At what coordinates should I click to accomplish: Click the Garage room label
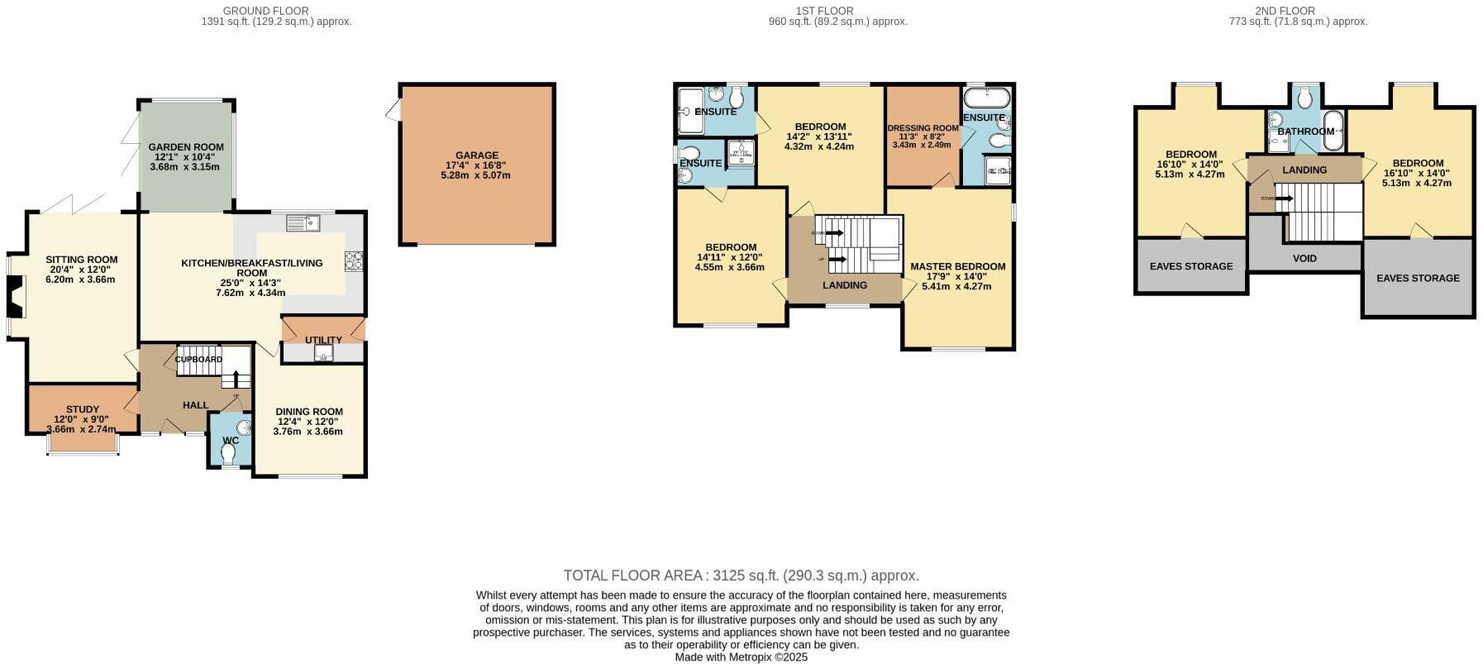tap(477, 155)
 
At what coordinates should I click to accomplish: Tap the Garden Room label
tap(186, 147)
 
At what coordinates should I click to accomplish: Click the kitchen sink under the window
tap(303, 222)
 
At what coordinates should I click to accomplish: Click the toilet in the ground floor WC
tap(228, 453)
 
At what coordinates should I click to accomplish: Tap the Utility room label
tap(323, 340)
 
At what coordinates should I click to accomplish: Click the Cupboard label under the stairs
tap(198, 360)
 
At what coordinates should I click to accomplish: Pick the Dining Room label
tap(309, 412)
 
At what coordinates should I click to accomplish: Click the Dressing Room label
tap(923, 128)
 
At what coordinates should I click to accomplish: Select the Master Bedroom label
tap(957, 266)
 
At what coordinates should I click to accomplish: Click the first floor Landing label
tap(844, 285)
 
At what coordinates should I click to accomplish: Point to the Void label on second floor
tap(1304, 259)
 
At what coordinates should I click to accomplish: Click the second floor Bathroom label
tap(1305, 131)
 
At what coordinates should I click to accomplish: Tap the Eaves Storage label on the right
tap(1417, 278)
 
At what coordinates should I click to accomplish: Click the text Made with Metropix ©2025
tap(741, 657)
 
